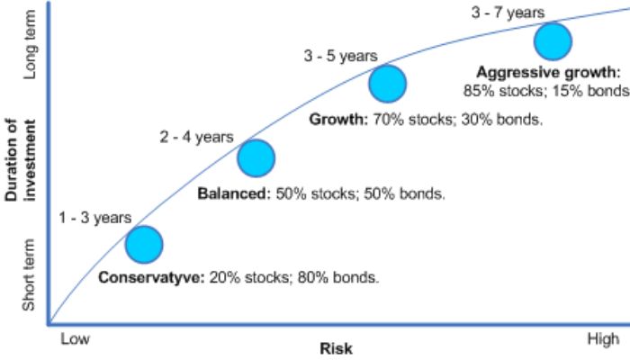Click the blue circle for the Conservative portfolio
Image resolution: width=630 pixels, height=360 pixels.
click(144, 243)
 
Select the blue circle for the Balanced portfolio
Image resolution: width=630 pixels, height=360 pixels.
click(256, 158)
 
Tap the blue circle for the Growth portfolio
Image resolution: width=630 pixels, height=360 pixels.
click(388, 84)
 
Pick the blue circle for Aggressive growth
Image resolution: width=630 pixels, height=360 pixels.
click(553, 40)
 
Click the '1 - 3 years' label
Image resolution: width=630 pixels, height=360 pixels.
click(95, 217)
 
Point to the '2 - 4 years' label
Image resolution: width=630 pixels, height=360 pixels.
click(196, 137)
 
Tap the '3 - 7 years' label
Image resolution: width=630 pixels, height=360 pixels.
click(508, 13)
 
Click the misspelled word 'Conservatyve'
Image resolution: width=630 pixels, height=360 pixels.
click(151, 277)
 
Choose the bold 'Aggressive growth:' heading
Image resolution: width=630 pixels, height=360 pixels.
click(549, 72)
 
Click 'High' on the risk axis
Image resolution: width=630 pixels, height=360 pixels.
click(603, 338)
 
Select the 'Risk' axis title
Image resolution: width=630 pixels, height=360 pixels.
click(337, 348)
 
